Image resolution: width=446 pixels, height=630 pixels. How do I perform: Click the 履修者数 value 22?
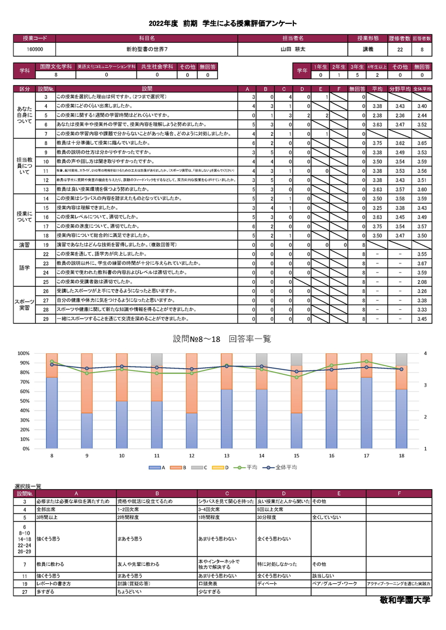(x=400, y=50)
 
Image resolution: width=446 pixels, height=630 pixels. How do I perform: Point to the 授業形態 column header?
(x=368, y=38)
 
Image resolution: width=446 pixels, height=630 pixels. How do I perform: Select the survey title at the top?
(x=222, y=23)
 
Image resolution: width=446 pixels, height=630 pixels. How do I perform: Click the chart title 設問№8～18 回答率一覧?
(x=222, y=339)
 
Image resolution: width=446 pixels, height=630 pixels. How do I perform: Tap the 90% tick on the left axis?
(x=24, y=363)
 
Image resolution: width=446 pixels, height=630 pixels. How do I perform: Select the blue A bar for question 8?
(x=52, y=412)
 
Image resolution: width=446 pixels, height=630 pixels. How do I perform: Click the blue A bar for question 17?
(x=366, y=412)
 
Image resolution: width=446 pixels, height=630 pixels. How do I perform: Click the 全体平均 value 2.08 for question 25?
(x=422, y=282)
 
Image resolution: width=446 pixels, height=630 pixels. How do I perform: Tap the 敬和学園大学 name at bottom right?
(x=403, y=602)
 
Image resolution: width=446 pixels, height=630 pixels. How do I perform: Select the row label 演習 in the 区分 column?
(x=25, y=245)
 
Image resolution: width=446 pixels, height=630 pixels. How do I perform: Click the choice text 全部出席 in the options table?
(x=47, y=510)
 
